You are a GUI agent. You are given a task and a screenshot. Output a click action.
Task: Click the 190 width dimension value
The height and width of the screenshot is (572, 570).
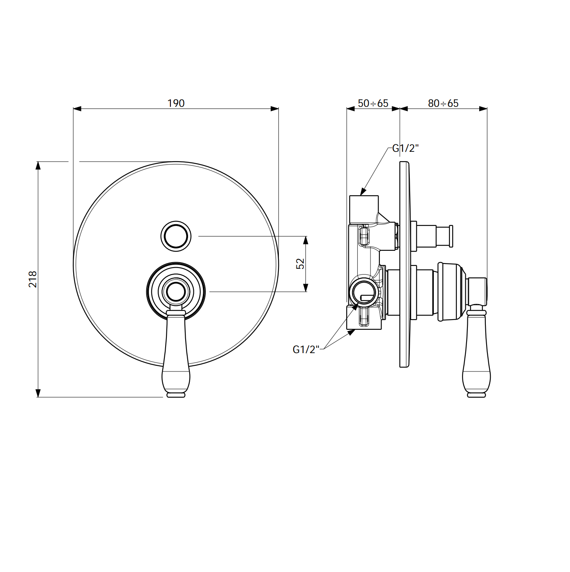176,103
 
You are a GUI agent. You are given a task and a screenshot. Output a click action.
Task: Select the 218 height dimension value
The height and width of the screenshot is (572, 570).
33,279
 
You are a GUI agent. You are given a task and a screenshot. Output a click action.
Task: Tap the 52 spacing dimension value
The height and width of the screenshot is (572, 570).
300,263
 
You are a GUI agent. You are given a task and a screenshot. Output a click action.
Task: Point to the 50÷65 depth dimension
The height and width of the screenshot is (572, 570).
373,103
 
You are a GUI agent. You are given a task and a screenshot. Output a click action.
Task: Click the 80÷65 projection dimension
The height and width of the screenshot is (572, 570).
443,103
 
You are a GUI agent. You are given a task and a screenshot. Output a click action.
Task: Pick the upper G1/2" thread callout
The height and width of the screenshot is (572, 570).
405,148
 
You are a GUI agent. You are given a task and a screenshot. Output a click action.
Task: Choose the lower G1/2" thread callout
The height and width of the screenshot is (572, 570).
306,350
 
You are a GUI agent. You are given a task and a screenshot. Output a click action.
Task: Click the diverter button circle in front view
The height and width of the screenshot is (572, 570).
176,236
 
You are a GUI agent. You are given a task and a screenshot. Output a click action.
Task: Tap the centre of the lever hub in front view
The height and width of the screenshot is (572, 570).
176,292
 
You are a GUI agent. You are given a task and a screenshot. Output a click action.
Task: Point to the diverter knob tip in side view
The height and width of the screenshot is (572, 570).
451,236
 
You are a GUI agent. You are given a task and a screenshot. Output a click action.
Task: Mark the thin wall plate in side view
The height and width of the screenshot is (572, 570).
403,264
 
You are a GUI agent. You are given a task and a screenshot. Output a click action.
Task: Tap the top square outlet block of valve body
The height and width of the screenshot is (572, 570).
364,209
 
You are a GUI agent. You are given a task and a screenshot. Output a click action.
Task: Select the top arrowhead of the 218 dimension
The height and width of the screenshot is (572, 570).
38,165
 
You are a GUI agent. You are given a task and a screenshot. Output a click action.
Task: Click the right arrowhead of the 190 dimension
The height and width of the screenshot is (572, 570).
274,109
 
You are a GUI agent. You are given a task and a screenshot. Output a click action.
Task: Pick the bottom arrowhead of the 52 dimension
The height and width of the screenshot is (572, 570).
306,288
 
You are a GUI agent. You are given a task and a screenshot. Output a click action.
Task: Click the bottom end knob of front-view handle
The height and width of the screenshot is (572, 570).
176,394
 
